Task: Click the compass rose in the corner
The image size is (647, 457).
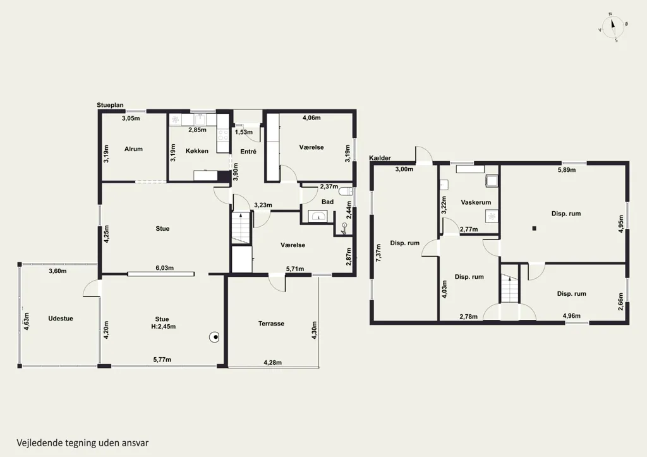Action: (x=613, y=27)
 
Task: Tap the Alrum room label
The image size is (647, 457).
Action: (x=133, y=149)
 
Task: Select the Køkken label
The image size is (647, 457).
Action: (x=197, y=151)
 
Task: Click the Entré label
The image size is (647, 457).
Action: (x=248, y=152)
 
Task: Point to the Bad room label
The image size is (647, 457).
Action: (x=328, y=202)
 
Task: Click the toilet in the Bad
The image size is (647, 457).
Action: (x=346, y=192)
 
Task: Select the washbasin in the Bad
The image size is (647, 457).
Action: (x=317, y=216)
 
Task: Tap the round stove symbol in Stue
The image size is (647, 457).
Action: (x=214, y=338)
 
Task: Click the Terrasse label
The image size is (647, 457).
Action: (x=271, y=324)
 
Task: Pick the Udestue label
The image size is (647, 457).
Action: (x=61, y=319)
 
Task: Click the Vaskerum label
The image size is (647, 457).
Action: (x=476, y=202)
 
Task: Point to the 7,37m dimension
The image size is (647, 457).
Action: (x=378, y=252)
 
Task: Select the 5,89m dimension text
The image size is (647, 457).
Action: (x=567, y=169)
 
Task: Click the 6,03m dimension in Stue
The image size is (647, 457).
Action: (x=164, y=268)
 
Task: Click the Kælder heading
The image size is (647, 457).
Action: (x=380, y=158)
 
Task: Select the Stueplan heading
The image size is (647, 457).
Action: (x=110, y=106)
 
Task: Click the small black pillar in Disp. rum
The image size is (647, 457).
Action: (x=535, y=228)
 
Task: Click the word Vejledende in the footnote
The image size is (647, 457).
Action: (x=39, y=443)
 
